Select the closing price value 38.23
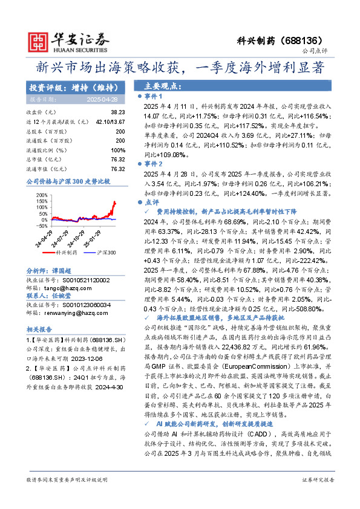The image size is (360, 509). tap(117, 112)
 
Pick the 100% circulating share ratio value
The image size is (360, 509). tap(118, 149)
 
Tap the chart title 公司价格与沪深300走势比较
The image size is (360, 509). tap(68, 181)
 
